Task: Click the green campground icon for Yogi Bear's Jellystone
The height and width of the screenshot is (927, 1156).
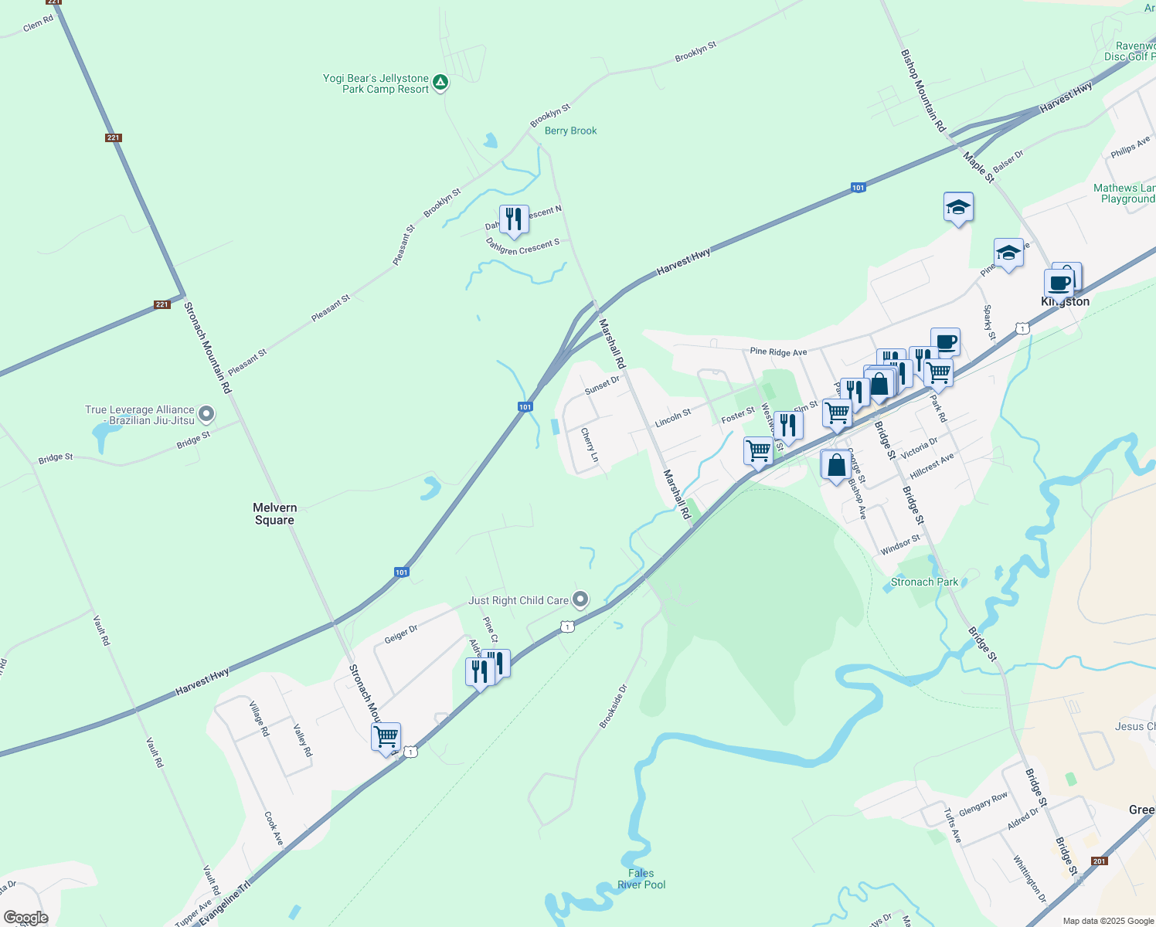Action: click(440, 82)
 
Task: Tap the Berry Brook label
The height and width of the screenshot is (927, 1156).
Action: click(570, 131)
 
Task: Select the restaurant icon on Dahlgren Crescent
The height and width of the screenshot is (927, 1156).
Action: click(514, 219)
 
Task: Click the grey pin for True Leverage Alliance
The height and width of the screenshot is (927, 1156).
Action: click(206, 415)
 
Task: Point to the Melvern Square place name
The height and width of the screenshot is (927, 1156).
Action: click(274, 514)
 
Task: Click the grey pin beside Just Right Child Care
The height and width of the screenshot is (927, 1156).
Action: click(580, 599)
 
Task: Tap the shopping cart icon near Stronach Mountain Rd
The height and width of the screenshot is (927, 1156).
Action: click(386, 737)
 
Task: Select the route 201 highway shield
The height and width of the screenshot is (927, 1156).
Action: click(1100, 861)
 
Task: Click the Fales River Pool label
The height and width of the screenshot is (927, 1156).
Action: click(641, 879)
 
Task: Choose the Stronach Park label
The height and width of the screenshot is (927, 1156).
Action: click(924, 582)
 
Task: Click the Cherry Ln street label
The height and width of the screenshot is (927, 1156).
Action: click(590, 445)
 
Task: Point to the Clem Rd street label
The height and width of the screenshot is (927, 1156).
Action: click(38, 24)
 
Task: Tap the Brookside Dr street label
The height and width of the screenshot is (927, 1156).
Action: click(614, 706)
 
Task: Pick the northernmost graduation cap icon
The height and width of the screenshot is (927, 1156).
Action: click(958, 207)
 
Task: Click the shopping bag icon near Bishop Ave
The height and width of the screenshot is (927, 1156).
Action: click(835, 466)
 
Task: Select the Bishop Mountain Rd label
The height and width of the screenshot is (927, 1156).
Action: click(923, 90)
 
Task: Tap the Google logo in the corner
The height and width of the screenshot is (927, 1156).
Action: click(25, 918)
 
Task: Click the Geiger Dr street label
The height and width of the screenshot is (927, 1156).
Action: click(400, 634)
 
